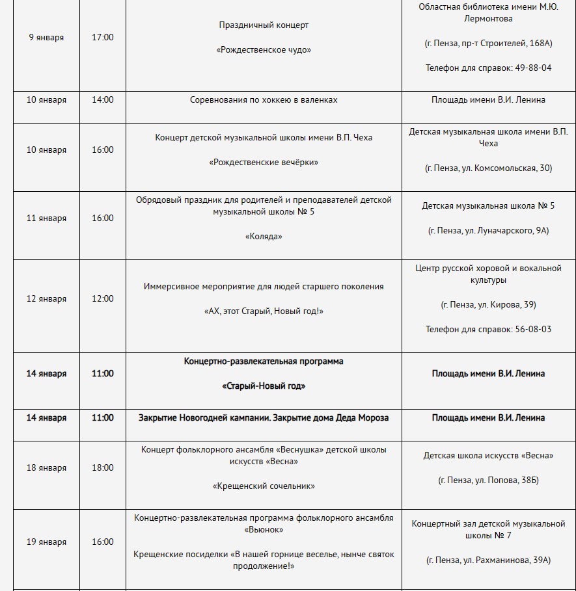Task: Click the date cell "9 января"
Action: coord(46,37)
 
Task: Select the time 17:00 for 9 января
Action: coord(103,37)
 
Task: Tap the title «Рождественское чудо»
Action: coord(264,49)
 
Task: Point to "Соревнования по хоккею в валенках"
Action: coord(264,100)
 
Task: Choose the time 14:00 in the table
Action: coord(103,100)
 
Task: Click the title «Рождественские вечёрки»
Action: coord(264,162)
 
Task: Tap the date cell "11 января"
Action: coord(46,218)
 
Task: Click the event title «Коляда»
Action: coord(264,237)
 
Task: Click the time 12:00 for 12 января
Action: coord(103,298)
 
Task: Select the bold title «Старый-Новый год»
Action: coord(264,386)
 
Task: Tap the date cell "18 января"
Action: coord(46,467)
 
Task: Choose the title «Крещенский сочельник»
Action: coord(264,486)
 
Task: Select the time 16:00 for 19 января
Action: coord(103,542)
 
